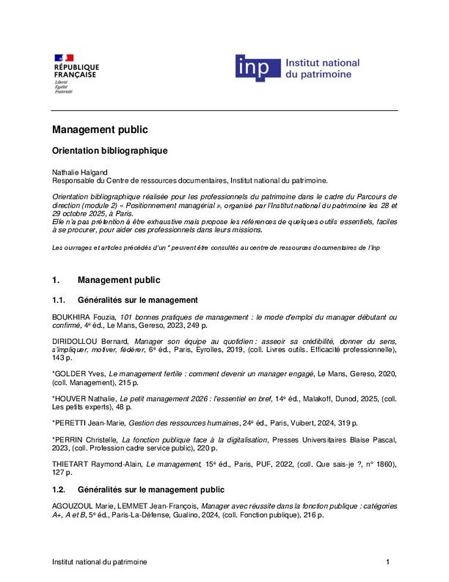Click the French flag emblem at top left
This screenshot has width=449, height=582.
click(x=64, y=58)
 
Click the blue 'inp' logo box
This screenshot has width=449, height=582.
click(x=258, y=68)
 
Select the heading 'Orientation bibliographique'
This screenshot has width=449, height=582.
click(x=110, y=150)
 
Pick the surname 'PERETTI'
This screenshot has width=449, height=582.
click(x=70, y=423)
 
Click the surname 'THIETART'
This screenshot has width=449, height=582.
click(x=70, y=464)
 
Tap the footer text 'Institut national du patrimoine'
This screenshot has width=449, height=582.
click(x=100, y=562)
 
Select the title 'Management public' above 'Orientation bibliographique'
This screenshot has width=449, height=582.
click(x=100, y=130)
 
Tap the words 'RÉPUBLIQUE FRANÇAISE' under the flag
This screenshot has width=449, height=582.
click(x=77, y=71)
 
